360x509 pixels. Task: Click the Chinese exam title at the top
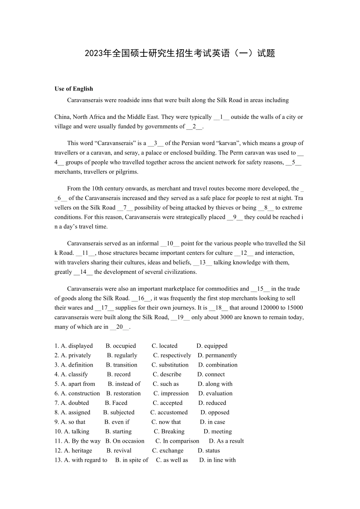click(180, 53)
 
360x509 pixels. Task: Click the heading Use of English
click(74, 89)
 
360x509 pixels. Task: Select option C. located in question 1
click(164, 346)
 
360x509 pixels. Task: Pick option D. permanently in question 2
click(217, 355)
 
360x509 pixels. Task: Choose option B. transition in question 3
click(122, 365)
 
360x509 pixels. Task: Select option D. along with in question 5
click(215, 384)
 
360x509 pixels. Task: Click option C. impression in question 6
click(171, 393)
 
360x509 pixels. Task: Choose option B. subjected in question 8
click(119, 412)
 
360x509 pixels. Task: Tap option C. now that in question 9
click(166, 422)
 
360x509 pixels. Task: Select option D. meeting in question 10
click(218, 431)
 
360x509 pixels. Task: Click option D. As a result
click(226, 441)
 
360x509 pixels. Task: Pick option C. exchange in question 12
click(167, 451)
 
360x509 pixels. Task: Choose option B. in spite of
click(131, 460)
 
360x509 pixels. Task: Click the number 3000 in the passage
click(226, 317)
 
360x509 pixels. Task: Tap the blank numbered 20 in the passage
click(120, 327)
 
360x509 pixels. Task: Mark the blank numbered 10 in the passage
click(170, 244)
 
